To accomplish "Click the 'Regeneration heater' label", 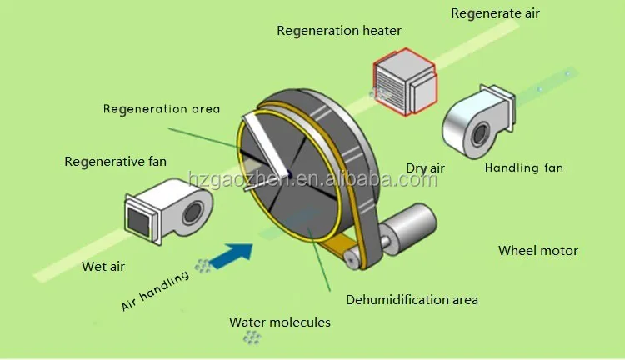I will coord(339,31).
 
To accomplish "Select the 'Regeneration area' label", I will coord(162,108).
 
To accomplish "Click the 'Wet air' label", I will coord(104,267).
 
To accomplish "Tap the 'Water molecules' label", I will coord(280,322).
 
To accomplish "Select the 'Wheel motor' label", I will coord(537,250).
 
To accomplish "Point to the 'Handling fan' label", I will coord(524,167).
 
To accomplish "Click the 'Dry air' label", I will coord(425,168).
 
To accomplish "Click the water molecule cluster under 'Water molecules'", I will coord(251,337).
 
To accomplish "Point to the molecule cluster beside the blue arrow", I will coord(202,266).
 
